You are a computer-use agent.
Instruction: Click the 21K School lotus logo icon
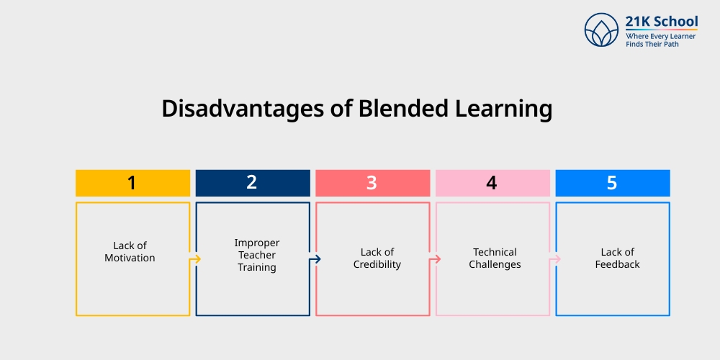[602, 30]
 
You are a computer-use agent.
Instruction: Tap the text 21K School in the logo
[662, 21]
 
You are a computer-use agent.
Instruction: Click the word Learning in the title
[505, 109]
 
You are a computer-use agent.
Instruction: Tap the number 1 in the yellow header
[132, 183]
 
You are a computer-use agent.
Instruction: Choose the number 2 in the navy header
[251, 183]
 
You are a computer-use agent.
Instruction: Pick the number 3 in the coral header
[372, 183]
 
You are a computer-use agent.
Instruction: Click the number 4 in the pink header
[492, 183]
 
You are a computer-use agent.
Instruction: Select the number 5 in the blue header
[612, 183]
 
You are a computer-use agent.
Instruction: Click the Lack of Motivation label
[130, 252]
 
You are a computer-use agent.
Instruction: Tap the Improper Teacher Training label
[257, 255]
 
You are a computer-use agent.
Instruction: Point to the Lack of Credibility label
[377, 258]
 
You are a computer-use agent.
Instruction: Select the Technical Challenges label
[495, 258]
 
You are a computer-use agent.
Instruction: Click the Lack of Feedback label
[617, 258]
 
